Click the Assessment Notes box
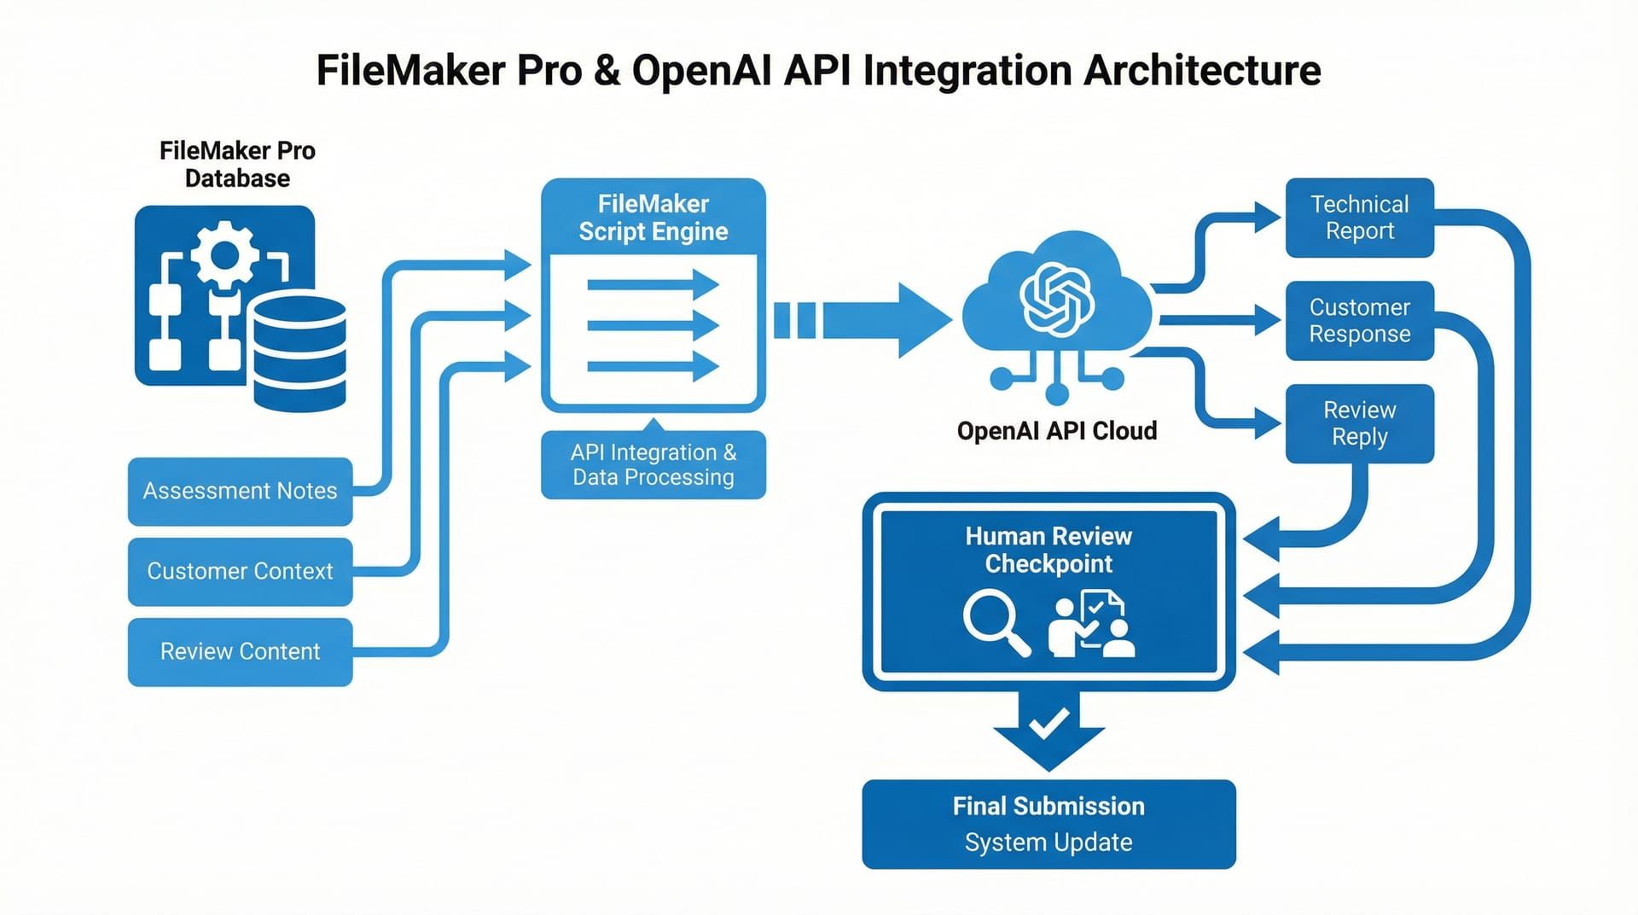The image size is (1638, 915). [x=240, y=491]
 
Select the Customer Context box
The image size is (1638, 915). [x=240, y=571]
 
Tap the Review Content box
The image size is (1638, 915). [x=240, y=651]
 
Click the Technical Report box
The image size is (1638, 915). [x=1359, y=218]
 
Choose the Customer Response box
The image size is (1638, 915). [x=1359, y=320]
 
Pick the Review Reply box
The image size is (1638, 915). [x=1359, y=423]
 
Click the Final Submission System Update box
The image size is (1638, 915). [x=1048, y=824]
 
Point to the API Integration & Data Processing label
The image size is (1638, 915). [x=653, y=465]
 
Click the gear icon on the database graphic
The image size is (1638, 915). [x=224, y=254]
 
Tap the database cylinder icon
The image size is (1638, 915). [x=299, y=351]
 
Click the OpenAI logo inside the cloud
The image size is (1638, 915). [x=1057, y=298]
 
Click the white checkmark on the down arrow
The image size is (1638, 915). [x=1048, y=724]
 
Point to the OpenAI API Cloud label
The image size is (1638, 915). [x=1056, y=431]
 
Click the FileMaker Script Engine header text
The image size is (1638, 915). [x=653, y=218]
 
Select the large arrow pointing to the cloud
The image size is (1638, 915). [x=887, y=320]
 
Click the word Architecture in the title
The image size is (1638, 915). [x=1202, y=70]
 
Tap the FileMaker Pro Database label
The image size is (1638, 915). [x=237, y=165]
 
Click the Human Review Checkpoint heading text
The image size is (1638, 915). [x=1048, y=550]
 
